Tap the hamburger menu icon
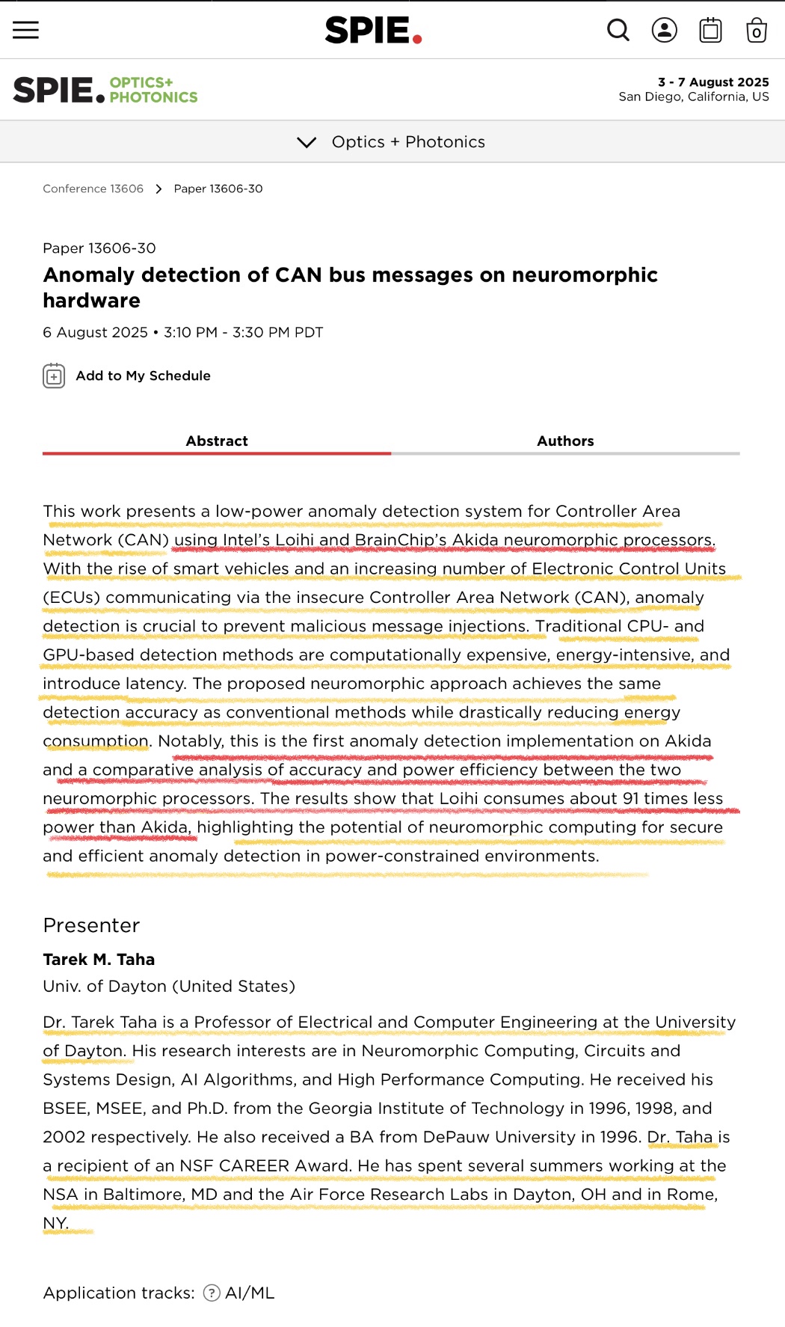pyautogui.click(x=25, y=30)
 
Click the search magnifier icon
pyautogui.click(x=618, y=30)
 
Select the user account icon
pyautogui.click(x=664, y=30)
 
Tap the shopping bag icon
pyautogui.click(x=756, y=31)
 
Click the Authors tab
pyautogui.click(x=565, y=441)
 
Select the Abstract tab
pyautogui.click(x=217, y=441)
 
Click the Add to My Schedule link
pyautogui.click(x=143, y=376)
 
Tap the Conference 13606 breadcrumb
pyautogui.click(x=93, y=189)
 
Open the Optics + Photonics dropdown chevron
pyautogui.click(x=307, y=142)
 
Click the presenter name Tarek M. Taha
pyautogui.click(x=99, y=959)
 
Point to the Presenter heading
pyautogui.click(x=91, y=925)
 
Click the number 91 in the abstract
pyautogui.click(x=631, y=798)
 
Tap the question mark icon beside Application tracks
pyautogui.click(x=212, y=1293)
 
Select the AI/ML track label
pyautogui.click(x=250, y=1293)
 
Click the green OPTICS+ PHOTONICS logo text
pyautogui.click(x=153, y=90)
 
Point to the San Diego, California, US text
pyautogui.click(x=693, y=96)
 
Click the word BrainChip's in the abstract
pyautogui.click(x=401, y=540)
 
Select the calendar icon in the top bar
pyautogui.click(x=710, y=30)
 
